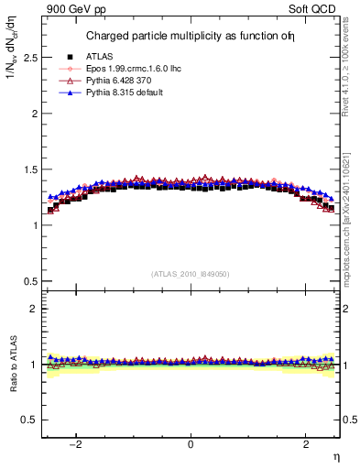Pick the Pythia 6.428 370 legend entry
123,82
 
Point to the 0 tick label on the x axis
191,444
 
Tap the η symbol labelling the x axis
336,455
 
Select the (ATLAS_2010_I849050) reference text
191,274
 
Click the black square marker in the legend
70,58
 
